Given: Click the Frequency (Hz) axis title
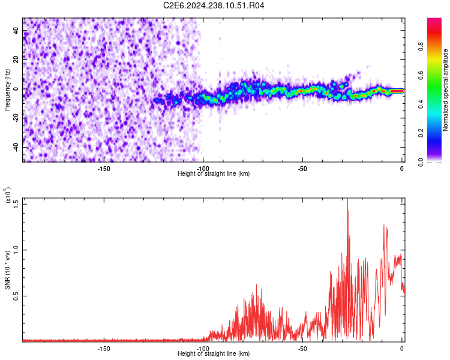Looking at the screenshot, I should [7, 91].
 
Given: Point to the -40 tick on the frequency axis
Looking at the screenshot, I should [16, 147].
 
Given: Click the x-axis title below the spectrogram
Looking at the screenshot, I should [214, 174].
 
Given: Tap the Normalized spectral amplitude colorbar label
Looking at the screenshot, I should [446, 91].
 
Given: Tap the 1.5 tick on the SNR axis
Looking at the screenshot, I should [16, 203].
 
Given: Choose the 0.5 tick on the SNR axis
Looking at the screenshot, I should [16, 296].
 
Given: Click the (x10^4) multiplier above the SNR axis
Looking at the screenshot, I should [7, 196].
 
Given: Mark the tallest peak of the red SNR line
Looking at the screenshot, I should [347, 200].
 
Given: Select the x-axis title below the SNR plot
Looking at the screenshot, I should [214, 354].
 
